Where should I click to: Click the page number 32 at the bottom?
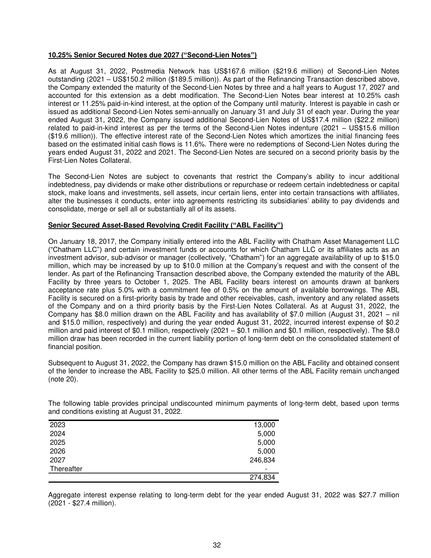(217, 545)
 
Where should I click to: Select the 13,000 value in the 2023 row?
(264, 425)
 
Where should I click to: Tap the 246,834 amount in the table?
(262, 460)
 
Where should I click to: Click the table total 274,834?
(262, 477)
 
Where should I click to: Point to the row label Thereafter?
(66, 469)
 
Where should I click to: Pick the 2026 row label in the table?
(58, 451)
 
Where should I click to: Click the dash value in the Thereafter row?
(266, 469)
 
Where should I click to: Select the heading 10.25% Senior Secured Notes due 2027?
(152, 55)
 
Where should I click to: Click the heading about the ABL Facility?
(166, 225)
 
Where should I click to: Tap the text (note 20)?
(63, 379)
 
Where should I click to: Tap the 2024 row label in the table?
(58, 433)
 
